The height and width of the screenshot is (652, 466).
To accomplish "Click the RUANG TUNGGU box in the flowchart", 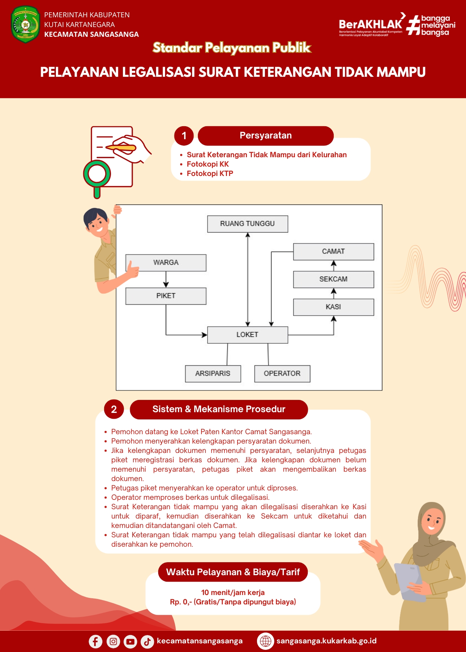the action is pyautogui.click(x=248, y=224).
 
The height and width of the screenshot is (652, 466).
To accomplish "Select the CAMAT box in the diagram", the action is pyautogui.click(x=333, y=251).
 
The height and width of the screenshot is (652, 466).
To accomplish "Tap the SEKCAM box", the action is pyautogui.click(x=333, y=279).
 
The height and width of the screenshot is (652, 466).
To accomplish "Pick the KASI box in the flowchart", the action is pyautogui.click(x=333, y=307).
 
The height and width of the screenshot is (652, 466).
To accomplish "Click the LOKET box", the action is pyautogui.click(x=248, y=335).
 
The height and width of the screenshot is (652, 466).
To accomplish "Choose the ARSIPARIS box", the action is pyautogui.click(x=213, y=374).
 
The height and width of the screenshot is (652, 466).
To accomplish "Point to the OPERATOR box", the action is pyautogui.click(x=282, y=374).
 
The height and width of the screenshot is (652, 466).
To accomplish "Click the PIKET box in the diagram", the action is pyautogui.click(x=166, y=296).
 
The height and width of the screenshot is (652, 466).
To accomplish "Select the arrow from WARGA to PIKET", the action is pyautogui.click(x=166, y=279).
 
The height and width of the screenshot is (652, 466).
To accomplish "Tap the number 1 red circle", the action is pyautogui.click(x=184, y=136).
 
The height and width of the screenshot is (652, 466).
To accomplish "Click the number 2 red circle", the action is pyautogui.click(x=114, y=410).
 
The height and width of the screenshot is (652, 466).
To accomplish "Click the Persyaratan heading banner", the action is pyautogui.click(x=266, y=136).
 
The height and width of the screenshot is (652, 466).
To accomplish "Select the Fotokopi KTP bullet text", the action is pyautogui.click(x=210, y=173).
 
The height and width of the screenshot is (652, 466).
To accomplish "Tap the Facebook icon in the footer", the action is pyautogui.click(x=96, y=641).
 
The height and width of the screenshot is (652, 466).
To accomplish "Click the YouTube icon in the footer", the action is pyautogui.click(x=130, y=641).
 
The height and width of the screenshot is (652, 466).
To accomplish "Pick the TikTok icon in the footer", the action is pyautogui.click(x=147, y=641).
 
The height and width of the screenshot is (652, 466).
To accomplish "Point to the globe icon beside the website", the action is pyautogui.click(x=266, y=641).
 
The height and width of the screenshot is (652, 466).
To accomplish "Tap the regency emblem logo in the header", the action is pyautogui.click(x=25, y=24).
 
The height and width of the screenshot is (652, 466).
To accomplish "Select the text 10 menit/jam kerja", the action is pyautogui.click(x=233, y=592).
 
